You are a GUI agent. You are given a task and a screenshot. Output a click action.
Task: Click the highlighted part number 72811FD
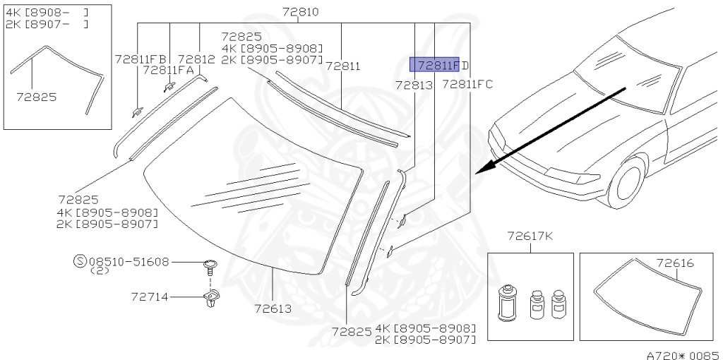(440, 65)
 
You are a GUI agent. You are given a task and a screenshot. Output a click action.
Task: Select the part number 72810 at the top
(301, 11)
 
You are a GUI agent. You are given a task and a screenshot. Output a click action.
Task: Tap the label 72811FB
(141, 59)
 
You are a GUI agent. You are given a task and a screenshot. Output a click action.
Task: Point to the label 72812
(196, 59)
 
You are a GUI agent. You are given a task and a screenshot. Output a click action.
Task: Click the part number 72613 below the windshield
(273, 308)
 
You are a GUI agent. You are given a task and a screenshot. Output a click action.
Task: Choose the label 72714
(150, 297)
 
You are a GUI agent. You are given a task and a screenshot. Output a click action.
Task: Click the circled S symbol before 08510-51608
(80, 261)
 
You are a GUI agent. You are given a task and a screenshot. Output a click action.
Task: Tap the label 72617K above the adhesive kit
(530, 236)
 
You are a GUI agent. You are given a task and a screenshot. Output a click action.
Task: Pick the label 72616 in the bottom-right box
(675, 263)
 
